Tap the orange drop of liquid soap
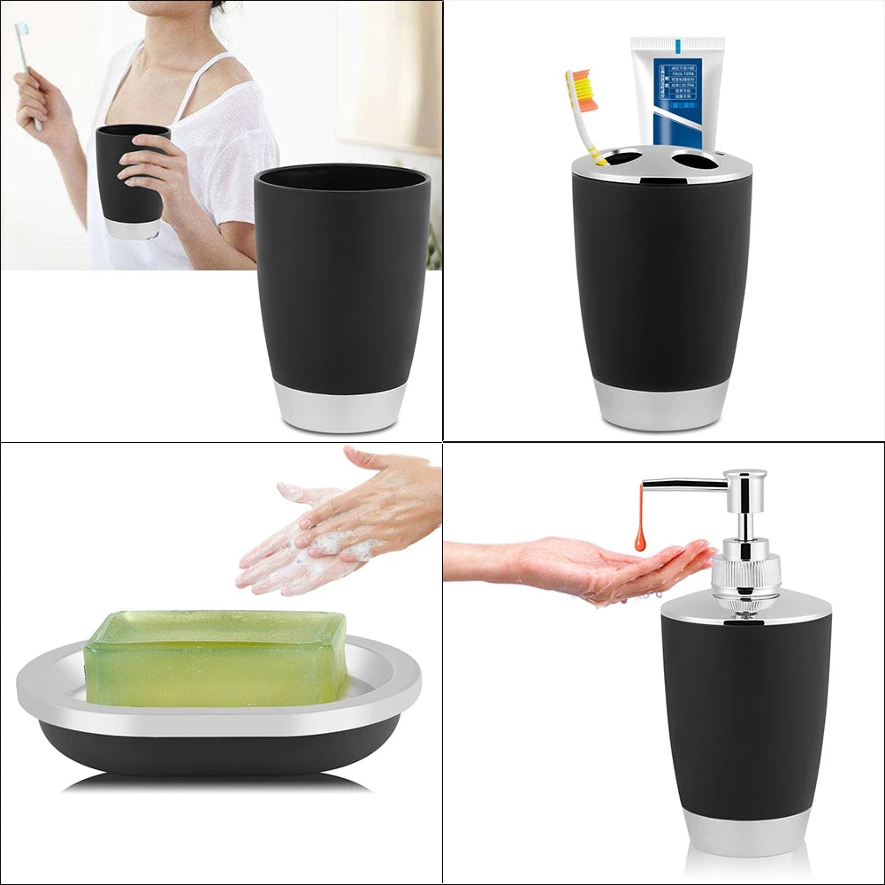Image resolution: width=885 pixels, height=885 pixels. [639, 535]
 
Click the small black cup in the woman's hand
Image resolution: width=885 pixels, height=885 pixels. [133, 177]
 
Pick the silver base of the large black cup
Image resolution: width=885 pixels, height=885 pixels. [341, 408]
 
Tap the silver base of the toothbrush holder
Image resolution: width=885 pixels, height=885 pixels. [661, 406]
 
